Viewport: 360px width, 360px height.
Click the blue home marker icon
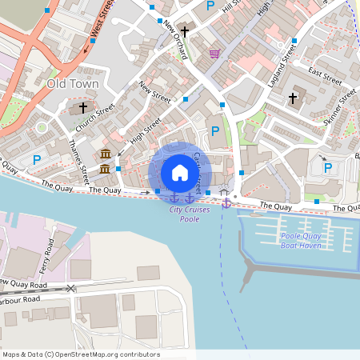pyautogui.click(x=180, y=173)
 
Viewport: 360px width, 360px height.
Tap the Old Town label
pyautogui.click(x=73, y=83)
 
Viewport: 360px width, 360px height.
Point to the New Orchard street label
pyautogui.click(x=174, y=40)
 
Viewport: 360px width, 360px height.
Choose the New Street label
pyautogui.click(x=154, y=94)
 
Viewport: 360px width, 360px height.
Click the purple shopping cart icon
pyautogui.click(x=214, y=54)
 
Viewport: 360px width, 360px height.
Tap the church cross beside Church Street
pyautogui.click(x=84, y=108)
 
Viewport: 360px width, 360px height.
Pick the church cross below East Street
pyautogui.click(x=293, y=98)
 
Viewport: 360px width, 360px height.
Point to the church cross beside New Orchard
pyautogui.click(x=185, y=32)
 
